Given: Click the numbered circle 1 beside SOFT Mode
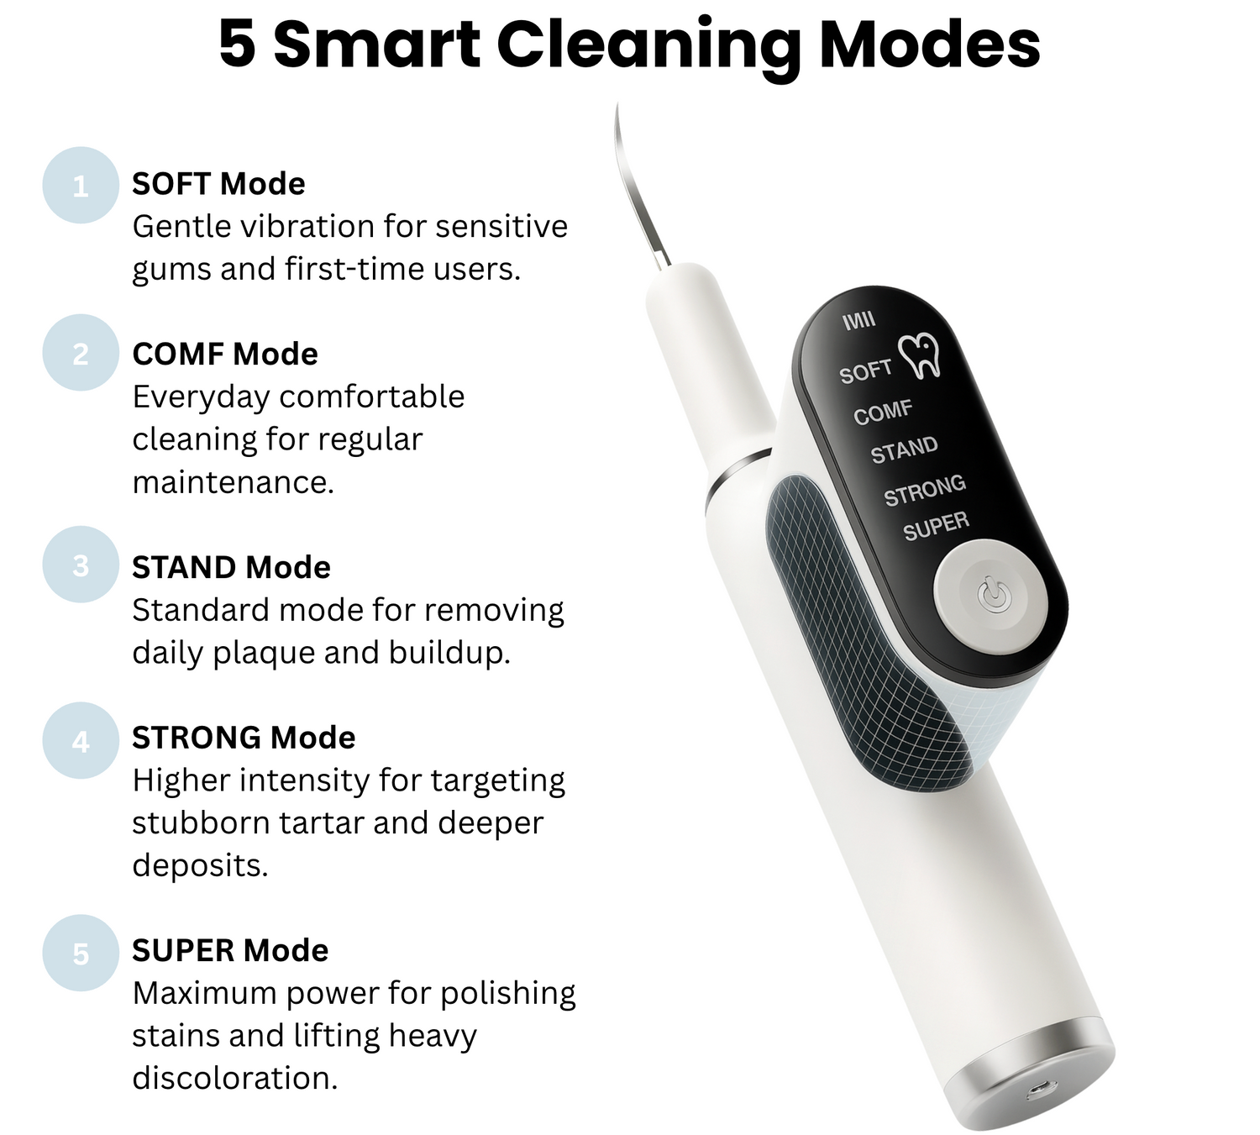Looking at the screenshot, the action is click(x=81, y=186).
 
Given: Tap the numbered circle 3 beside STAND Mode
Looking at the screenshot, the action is click(x=81, y=565).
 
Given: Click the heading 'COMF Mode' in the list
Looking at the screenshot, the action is click(x=225, y=354).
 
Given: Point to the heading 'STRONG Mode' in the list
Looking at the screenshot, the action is click(x=244, y=737).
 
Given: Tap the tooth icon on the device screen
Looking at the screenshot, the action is click(x=920, y=355).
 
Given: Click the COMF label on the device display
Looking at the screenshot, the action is click(x=883, y=412).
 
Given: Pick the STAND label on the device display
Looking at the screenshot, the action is click(x=904, y=450).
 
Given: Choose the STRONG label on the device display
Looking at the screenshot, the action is click(x=925, y=490).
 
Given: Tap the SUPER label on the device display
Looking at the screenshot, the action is click(x=936, y=527).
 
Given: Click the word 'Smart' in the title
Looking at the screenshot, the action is click(x=376, y=45).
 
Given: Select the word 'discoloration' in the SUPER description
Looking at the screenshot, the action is click(x=235, y=1079).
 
